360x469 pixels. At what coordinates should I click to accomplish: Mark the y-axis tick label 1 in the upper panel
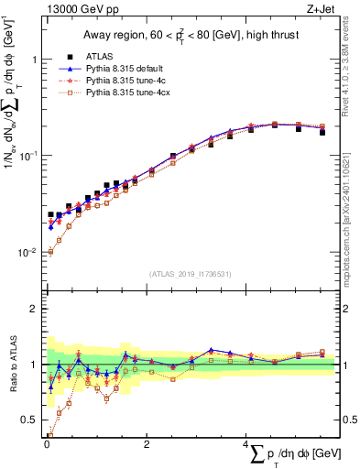click(x=35, y=60)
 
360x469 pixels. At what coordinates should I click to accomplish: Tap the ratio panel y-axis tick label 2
click(x=35, y=309)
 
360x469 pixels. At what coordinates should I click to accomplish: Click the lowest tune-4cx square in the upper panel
click(x=49, y=252)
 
